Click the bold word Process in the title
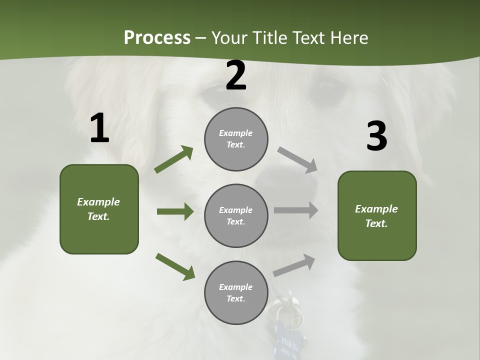point(157,38)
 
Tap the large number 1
point(99,128)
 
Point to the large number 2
point(236,76)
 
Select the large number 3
point(376,136)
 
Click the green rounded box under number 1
point(99,209)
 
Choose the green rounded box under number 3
point(377,216)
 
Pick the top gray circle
point(236,139)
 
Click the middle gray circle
point(236,216)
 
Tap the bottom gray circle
point(236,293)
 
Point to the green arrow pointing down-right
point(175,266)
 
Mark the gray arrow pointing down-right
point(297,160)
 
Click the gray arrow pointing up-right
point(294,265)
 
